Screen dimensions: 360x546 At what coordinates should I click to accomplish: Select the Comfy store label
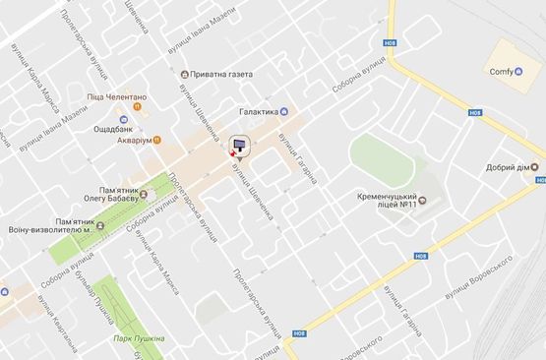click(x=503, y=72)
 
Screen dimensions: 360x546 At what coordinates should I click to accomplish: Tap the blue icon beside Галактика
click(x=284, y=111)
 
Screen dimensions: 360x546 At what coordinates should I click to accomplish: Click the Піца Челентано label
click(x=116, y=96)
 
